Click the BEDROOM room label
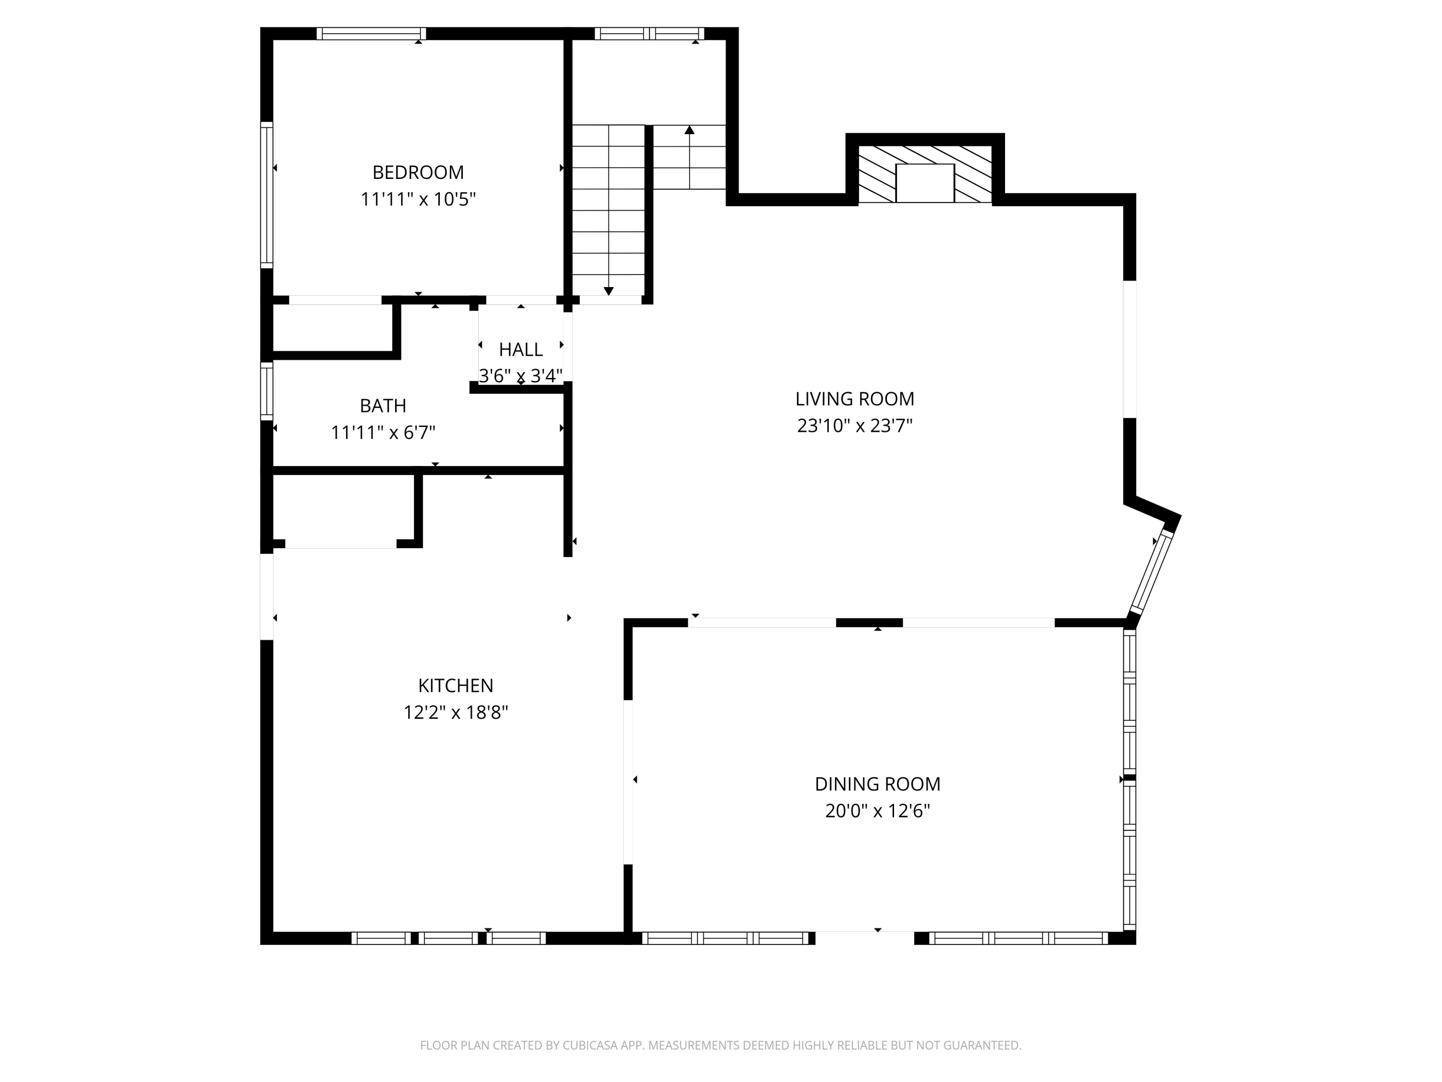pos(418,172)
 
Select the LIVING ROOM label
pos(855,399)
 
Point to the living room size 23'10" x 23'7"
pos(855,425)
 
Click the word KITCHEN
pos(456,685)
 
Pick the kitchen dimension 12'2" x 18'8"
pos(456,712)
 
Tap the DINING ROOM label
pos(877,784)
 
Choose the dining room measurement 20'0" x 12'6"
pos(877,811)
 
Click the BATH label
pos(383,406)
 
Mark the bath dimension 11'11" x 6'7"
pos(383,432)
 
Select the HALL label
pos(521,350)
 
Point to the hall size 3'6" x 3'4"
pos(521,376)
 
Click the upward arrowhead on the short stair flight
pos(690,130)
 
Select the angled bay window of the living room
pos(1151,573)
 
